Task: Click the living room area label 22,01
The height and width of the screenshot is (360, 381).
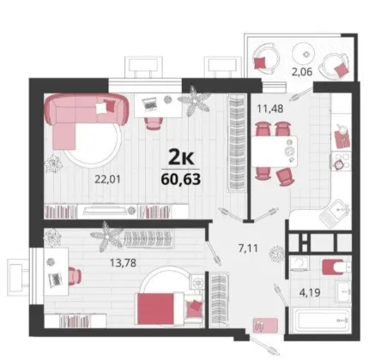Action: [x=107, y=179]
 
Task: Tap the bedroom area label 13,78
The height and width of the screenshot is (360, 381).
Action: [x=123, y=262]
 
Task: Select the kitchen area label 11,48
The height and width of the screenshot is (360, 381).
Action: [x=270, y=109]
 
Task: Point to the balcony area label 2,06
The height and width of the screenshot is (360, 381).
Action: [x=302, y=72]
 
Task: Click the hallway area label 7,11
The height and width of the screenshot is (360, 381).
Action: [x=248, y=248]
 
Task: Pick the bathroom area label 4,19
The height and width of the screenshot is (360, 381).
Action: [x=310, y=292]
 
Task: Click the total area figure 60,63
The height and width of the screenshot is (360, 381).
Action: [x=181, y=179]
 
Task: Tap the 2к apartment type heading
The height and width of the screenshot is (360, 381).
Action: [x=181, y=158]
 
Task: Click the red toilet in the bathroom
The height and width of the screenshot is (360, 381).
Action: [x=333, y=267]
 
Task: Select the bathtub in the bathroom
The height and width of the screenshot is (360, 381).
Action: [x=323, y=320]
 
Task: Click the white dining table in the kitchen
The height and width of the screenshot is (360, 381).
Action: [x=275, y=151]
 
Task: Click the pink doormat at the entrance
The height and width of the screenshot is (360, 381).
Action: [x=265, y=325]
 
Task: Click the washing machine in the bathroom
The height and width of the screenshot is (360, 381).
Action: [x=299, y=263]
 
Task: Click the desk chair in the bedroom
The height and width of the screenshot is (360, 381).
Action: [x=75, y=276]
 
